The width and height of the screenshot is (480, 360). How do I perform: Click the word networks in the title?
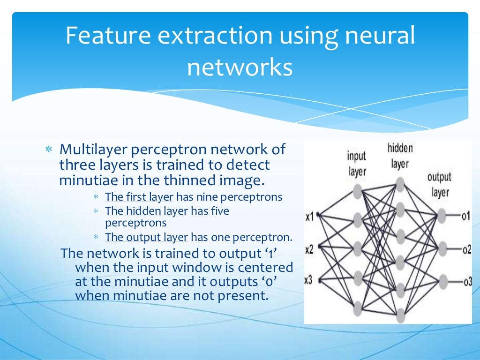[x=240, y=67]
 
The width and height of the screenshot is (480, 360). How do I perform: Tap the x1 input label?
[x=309, y=217]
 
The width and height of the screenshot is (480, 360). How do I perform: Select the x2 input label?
[x=309, y=249]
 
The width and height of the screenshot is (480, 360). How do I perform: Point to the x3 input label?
[x=308, y=280]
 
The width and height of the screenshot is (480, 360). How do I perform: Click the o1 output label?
[x=465, y=217]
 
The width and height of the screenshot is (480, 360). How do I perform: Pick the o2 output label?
[x=466, y=249]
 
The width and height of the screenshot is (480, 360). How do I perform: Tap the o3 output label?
[x=466, y=281]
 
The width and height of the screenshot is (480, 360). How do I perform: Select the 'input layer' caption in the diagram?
[x=357, y=164]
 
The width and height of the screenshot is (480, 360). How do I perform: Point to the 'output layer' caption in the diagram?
[x=439, y=185]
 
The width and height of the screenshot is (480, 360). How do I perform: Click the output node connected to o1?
[x=441, y=216]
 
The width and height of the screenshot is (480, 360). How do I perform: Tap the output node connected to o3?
[x=441, y=281]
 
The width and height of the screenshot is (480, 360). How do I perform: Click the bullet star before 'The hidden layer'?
[x=96, y=211]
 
